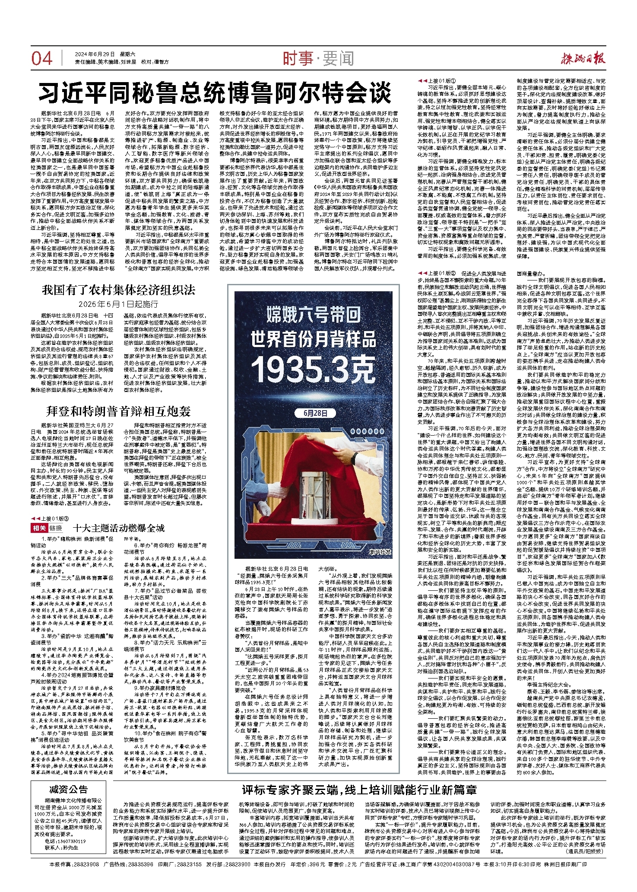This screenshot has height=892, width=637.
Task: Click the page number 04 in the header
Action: tap(42, 58)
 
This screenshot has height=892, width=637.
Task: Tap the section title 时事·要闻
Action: tap(318, 58)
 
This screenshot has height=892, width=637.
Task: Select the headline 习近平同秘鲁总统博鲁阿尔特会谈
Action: tap(215, 92)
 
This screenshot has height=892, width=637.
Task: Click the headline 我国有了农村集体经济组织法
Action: tap(118, 290)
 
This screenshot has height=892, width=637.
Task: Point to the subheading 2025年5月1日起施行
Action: tap(118, 304)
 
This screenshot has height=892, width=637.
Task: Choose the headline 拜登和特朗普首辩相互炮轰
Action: tap(118, 411)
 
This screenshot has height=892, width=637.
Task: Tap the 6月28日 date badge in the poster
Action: tap(315, 413)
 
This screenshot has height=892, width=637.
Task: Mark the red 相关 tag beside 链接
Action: tap(38, 529)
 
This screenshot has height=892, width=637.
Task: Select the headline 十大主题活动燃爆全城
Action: tap(119, 528)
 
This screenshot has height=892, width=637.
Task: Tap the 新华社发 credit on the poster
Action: tap(379, 552)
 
